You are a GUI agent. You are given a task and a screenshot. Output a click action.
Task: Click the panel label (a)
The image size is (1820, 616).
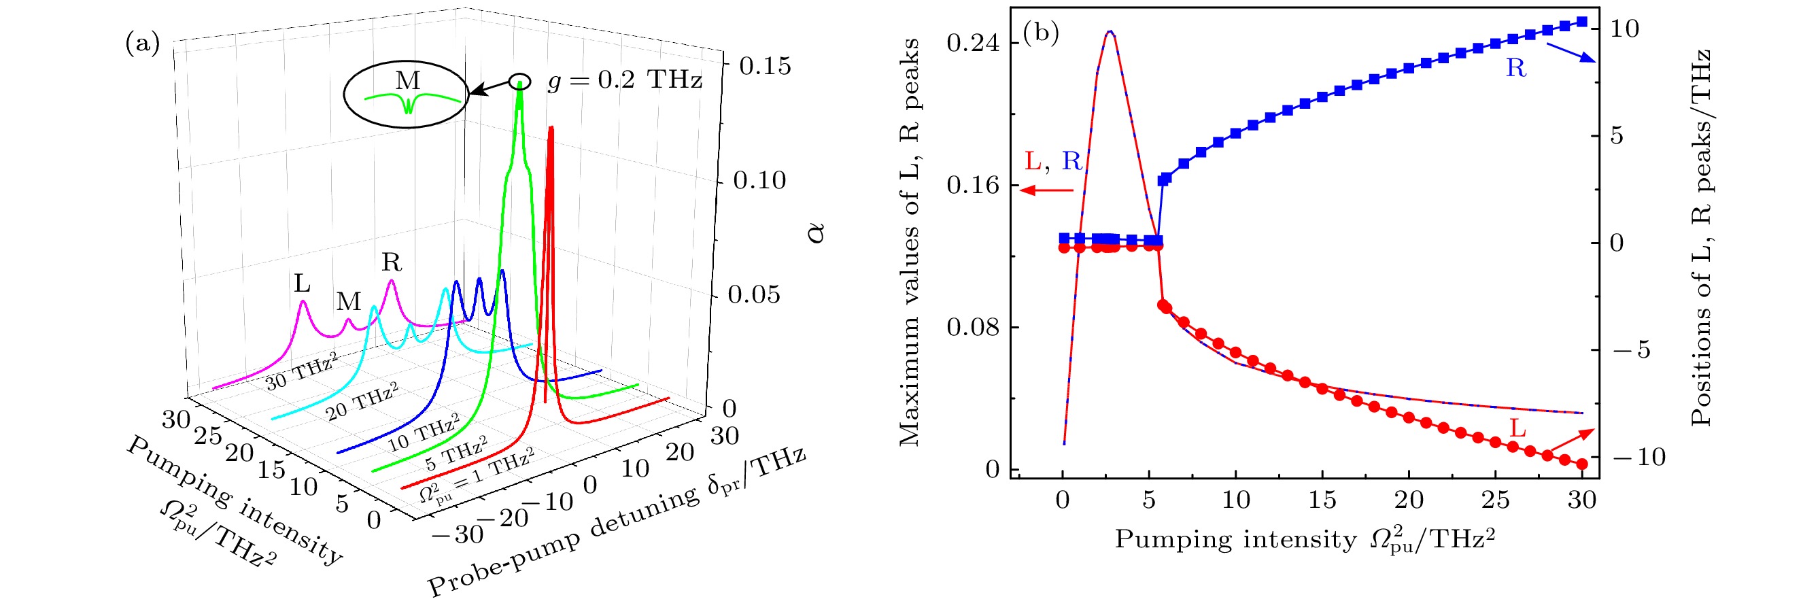(142, 44)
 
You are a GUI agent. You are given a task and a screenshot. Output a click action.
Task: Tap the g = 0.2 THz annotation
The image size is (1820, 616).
(625, 80)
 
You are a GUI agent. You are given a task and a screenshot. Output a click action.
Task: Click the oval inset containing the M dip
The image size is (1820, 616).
(407, 94)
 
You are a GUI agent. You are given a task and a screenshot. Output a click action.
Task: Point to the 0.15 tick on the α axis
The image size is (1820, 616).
(765, 67)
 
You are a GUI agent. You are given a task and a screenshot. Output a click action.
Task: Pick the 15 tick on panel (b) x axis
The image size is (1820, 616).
(1322, 500)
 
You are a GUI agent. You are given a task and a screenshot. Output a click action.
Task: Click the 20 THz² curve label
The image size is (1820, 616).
(362, 401)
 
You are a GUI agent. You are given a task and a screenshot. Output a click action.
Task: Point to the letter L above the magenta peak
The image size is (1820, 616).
(303, 284)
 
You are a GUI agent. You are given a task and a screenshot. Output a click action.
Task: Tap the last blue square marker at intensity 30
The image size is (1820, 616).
(1582, 22)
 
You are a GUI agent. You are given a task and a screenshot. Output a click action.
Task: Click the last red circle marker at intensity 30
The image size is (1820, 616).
(1582, 464)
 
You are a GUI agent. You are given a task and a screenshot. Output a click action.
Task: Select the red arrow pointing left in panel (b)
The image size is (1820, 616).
(1046, 189)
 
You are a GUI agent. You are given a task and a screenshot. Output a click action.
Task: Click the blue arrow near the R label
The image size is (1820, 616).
(1570, 53)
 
